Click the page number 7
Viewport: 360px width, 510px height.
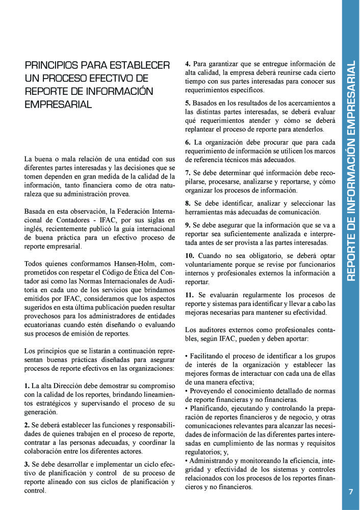pyautogui.click(x=350, y=492)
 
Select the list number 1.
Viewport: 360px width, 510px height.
pyautogui.click(x=27, y=386)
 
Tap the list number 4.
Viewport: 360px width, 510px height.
pyautogui.click(x=188, y=64)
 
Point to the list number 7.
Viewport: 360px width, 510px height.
pyautogui.click(x=188, y=173)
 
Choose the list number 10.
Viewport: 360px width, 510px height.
pyautogui.click(x=190, y=255)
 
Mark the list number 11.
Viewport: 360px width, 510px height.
pyautogui.click(x=190, y=295)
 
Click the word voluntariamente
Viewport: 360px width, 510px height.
pyautogui.click(x=210, y=264)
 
